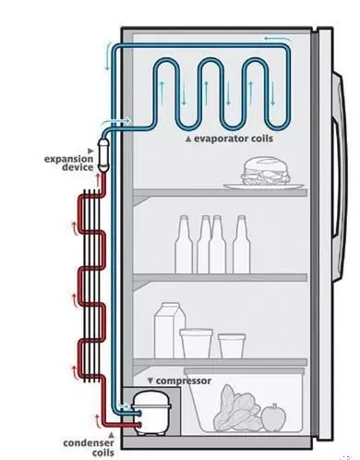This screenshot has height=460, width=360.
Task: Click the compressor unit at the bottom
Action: (x=151, y=413)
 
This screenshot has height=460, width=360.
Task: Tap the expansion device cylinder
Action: (x=103, y=156)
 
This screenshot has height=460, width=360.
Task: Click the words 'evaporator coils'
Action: (x=234, y=139)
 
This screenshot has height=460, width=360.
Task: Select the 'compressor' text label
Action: (x=184, y=381)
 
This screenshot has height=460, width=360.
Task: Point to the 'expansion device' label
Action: (x=68, y=163)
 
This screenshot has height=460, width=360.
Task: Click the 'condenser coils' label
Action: (x=89, y=448)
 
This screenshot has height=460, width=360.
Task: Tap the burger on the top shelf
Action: (x=266, y=171)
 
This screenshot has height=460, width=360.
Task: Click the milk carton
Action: (x=170, y=330)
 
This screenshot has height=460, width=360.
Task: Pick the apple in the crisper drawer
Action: (x=273, y=418)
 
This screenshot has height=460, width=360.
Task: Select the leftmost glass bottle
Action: (x=184, y=245)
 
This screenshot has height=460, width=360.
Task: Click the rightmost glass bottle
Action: (x=242, y=245)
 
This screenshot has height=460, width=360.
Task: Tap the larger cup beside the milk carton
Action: (x=197, y=344)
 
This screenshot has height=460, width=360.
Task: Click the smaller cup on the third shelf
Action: (x=232, y=345)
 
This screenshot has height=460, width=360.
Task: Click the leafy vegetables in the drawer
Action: (x=236, y=409)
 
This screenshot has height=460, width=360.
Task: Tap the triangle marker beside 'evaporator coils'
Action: (x=188, y=139)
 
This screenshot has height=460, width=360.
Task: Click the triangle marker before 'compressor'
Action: (x=150, y=381)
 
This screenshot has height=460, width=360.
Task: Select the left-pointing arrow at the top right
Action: (x=278, y=39)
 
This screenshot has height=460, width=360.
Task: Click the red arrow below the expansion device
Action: (x=98, y=180)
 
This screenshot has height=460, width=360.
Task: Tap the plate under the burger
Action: (x=263, y=187)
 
